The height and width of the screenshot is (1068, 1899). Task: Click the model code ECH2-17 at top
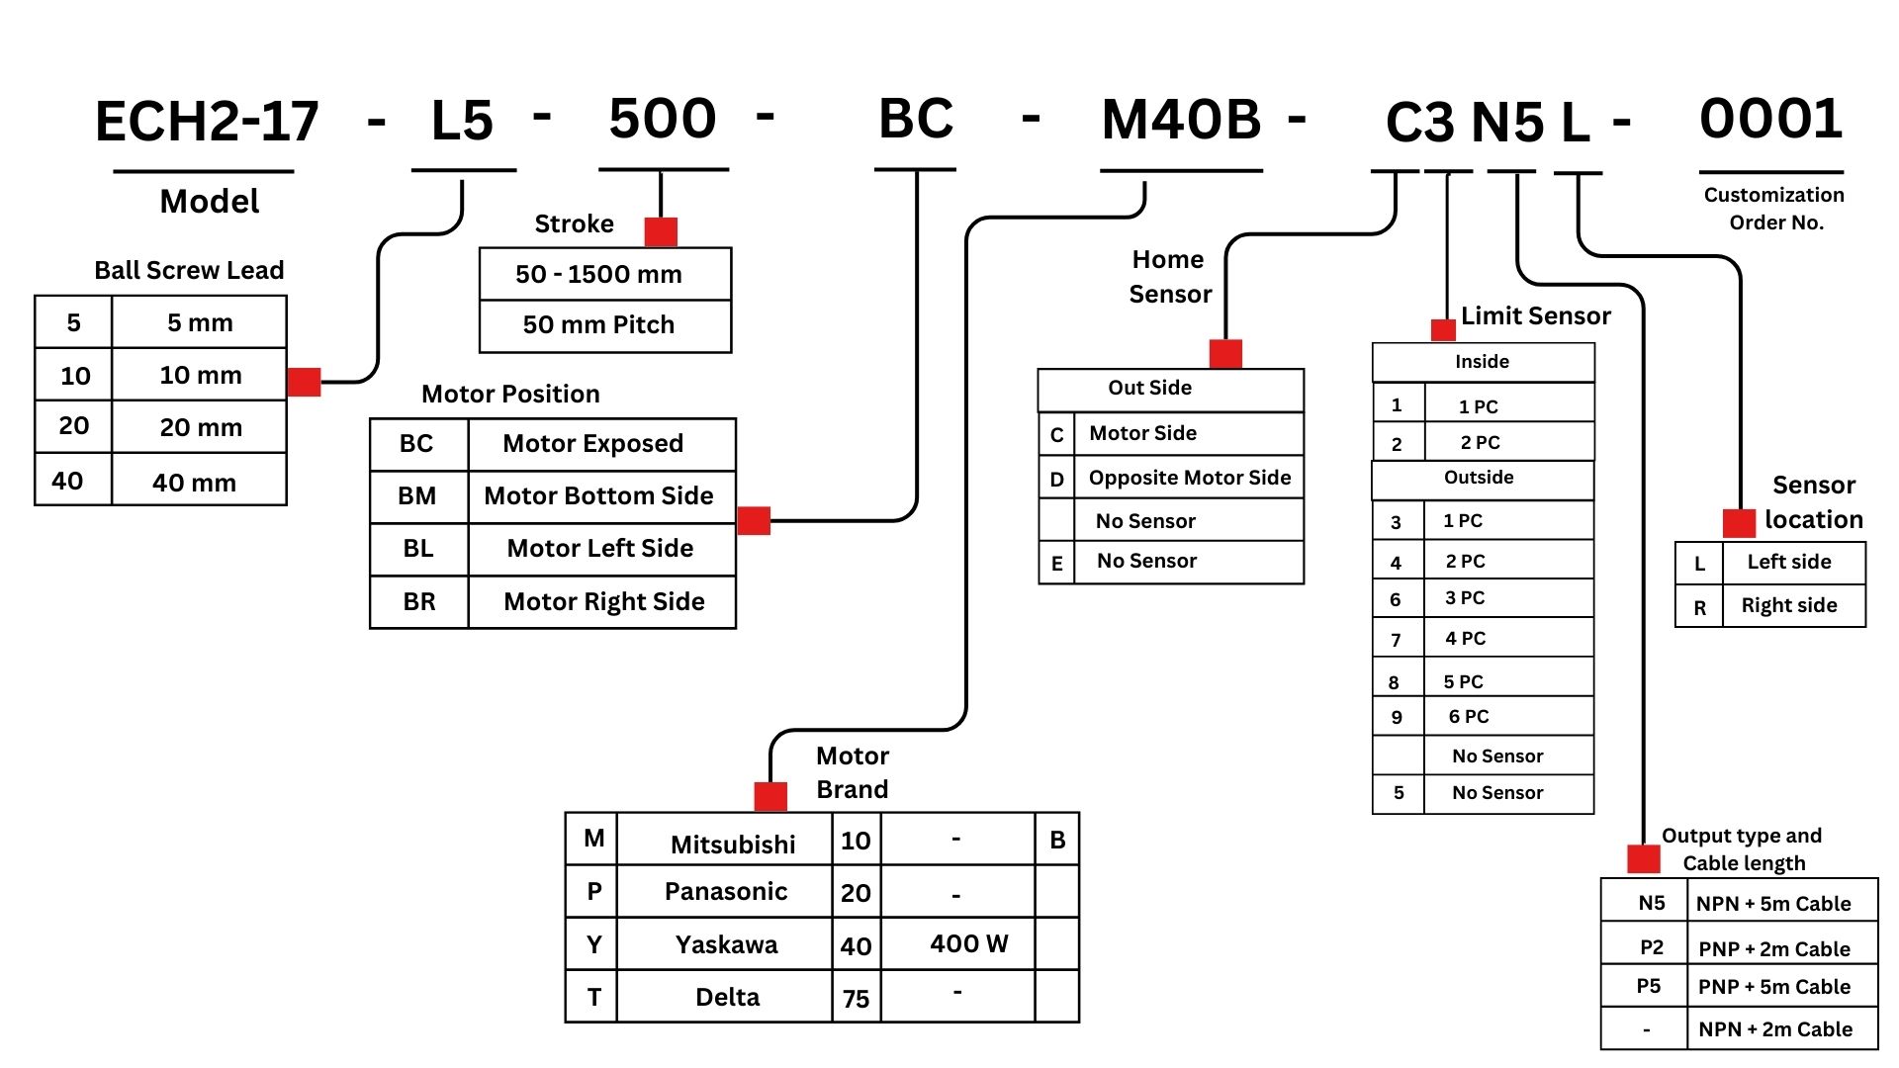(x=207, y=122)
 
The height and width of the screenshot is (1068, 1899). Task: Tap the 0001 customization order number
(x=1770, y=120)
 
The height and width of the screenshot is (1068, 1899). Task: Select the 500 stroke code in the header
(x=663, y=120)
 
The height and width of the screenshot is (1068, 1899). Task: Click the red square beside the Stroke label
(x=661, y=232)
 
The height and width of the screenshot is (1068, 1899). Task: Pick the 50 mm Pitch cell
(x=599, y=325)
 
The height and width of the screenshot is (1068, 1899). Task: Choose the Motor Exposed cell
(x=593, y=443)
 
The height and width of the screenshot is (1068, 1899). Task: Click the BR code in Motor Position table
(x=419, y=601)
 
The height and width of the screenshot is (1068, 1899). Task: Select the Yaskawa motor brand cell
(x=726, y=944)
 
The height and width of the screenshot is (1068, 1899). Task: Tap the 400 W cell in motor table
(x=968, y=943)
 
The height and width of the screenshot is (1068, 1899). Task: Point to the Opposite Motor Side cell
(x=1190, y=478)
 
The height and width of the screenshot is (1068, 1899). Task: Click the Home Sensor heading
(x=1169, y=277)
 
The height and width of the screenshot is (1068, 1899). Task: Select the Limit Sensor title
(x=1535, y=315)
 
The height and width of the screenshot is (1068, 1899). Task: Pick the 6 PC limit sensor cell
(x=1469, y=717)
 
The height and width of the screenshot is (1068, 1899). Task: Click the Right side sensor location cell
(x=1789, y=605)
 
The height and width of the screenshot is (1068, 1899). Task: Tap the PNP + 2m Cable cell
(x=1774, y=949)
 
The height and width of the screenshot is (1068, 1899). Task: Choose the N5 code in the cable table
(x=1651, y=903)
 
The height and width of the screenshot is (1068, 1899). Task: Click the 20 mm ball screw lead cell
(x=201, y=427)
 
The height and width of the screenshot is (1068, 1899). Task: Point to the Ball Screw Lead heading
(x=189, y=270)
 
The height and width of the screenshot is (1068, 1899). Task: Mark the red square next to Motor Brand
(x=770, y=796)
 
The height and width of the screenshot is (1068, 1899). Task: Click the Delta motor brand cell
(x=727, y=997)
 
